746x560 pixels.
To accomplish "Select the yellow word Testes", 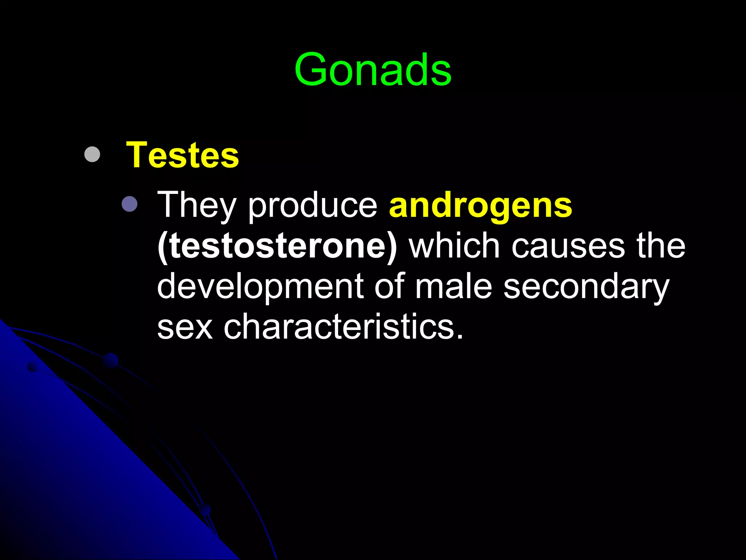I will (x=182, y=155).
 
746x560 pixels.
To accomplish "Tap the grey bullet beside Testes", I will (x=92, y=154).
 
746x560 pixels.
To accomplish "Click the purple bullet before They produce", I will (x=130, y=204).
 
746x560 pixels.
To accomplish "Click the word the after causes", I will (x=661, y=246).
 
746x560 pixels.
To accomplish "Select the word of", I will (x=389, y=286).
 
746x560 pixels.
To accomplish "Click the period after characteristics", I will (x=460, y=337).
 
